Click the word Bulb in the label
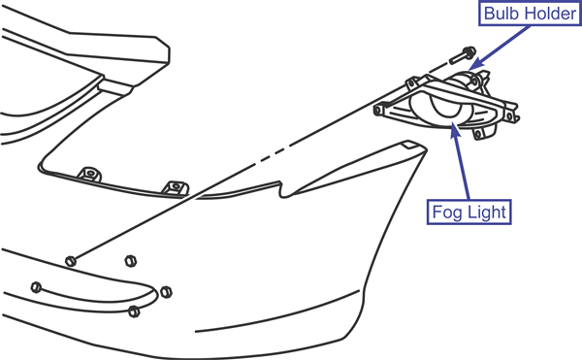point(501,14)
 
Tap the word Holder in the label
point(549,14)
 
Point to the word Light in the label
point(487,212)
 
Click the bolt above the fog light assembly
point(463,55)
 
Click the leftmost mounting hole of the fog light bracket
point(378,110)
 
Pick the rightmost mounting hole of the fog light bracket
point(509,116)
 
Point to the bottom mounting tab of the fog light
point(478,133)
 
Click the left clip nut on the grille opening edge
point(89,174)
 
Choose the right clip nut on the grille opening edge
point(176,186)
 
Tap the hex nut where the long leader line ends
point(71,261)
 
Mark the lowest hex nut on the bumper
point(134,311)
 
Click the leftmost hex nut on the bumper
point(36,287)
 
